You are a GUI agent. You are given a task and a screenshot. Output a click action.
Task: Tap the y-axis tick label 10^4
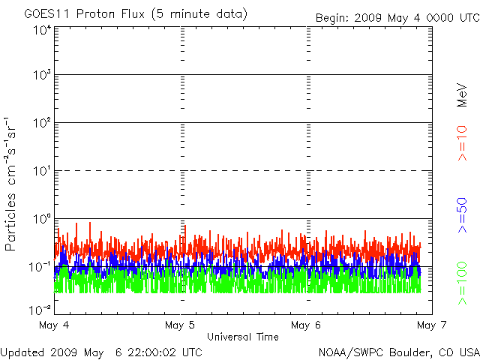pos(42,31)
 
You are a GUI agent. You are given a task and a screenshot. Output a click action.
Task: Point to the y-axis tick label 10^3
pos(42,76)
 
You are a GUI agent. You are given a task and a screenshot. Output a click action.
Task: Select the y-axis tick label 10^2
pos(42,123)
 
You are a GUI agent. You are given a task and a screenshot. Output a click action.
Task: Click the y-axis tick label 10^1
pos(42,171)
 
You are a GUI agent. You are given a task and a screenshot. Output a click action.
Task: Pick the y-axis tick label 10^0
pos(42,219)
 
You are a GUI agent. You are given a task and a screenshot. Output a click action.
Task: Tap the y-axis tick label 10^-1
pos(40,267)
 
